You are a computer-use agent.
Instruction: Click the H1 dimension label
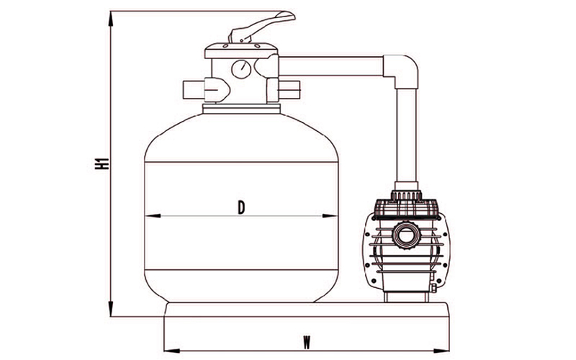pos(102,164)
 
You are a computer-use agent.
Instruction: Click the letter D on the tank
pos(241,208)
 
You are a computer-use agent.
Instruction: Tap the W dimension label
pos(307,343)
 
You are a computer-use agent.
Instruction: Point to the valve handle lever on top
pos(261,27)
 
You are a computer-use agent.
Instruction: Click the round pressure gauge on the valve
pos(241,69)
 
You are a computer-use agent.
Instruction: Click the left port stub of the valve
pos(194,89)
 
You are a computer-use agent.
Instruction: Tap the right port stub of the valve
pos(289,89)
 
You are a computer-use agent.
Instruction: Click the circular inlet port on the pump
pos(406,235)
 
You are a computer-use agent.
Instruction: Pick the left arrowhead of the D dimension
pos(153,215)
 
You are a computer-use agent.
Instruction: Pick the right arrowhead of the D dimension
pos(330,215)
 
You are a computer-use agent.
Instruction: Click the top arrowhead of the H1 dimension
pos(111,19)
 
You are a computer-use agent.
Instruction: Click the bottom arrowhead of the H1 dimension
pos(111,309)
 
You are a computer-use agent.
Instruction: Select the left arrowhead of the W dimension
pos(171,351)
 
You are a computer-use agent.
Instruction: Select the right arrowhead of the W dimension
pos(441,351)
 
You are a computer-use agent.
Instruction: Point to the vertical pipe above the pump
pos(406,135)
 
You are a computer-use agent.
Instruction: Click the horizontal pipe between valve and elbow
pos(330,66)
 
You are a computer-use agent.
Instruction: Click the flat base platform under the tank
pos(307,310)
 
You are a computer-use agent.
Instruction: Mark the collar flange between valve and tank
pos(241,109)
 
